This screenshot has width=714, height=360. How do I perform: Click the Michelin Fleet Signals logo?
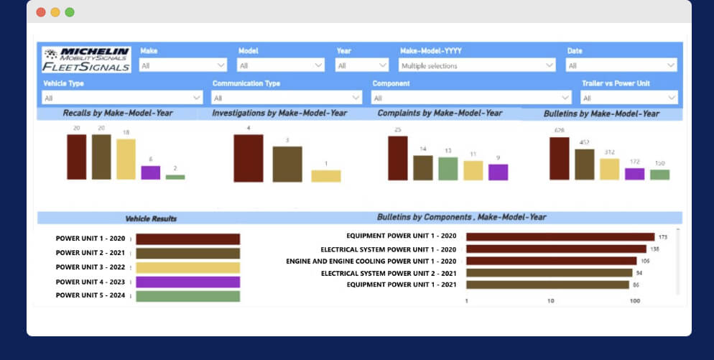86,60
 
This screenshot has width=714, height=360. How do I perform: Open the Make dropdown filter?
183,65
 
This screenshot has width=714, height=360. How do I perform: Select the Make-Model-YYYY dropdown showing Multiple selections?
477,65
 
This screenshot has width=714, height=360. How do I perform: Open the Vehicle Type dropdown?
123,98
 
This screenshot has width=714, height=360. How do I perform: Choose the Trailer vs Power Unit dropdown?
629,98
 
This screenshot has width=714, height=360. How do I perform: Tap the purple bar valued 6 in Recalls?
150,172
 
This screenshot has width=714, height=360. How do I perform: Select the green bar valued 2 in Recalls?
175,177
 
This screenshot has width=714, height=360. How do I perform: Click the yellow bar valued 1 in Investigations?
325,175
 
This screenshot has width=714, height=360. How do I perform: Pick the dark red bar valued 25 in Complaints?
397,158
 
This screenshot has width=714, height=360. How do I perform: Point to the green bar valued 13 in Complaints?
448,168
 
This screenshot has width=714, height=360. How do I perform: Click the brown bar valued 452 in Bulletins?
585,164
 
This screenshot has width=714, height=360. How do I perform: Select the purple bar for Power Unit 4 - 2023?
187,282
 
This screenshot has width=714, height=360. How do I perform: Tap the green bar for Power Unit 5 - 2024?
187,296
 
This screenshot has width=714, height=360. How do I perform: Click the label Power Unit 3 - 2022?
91,267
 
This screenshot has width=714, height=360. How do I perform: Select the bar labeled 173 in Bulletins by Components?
560,236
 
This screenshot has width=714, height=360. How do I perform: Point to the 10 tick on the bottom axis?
551,301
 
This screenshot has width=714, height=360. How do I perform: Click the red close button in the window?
41,12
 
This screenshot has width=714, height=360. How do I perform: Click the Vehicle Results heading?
151,218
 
